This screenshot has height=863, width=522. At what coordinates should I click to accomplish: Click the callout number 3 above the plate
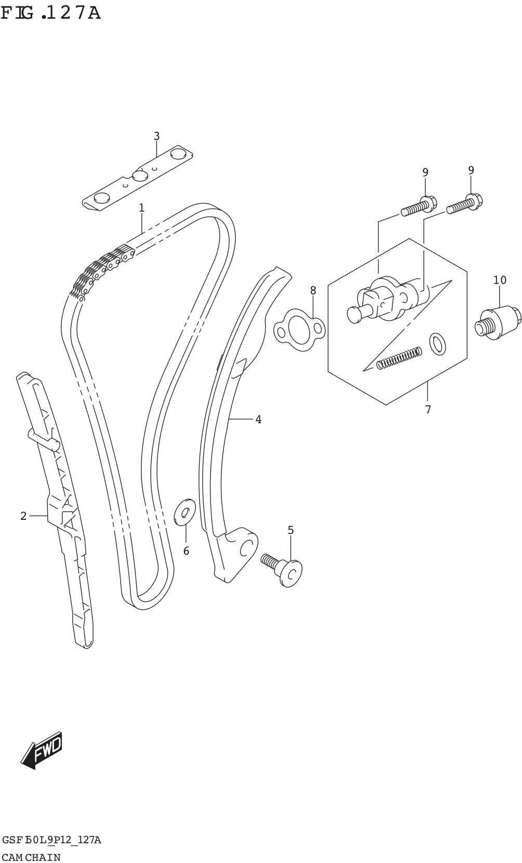[156, 136]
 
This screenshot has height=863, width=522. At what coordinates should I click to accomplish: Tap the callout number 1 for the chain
[141, 208]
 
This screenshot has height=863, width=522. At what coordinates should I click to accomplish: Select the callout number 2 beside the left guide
[23, 516]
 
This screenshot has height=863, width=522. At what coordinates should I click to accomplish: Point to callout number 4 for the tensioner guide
[258, 419]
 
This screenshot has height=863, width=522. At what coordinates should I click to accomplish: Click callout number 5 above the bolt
[291, 530]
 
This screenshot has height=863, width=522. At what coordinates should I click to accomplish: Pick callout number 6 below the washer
[186, 551]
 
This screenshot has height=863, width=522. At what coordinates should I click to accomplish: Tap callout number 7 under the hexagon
[427, 410]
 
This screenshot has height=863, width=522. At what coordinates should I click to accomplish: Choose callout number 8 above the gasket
[313, 291]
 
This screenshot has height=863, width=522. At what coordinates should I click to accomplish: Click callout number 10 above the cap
[500, 280]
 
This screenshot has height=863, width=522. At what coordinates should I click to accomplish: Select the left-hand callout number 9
[425, 172]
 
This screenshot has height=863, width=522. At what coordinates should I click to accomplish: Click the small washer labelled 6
[185, 513]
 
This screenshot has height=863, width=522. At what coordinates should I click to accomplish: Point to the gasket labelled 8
[299, 330]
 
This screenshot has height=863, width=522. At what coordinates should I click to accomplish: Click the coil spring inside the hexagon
[399, 358]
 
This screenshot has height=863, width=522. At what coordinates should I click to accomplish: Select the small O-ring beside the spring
[438, 344]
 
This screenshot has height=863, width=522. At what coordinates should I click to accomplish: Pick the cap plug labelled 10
[498, 322]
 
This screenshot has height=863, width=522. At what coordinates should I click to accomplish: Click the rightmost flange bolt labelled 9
[464, 204]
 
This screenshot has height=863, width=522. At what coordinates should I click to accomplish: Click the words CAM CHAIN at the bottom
[31, 857]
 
